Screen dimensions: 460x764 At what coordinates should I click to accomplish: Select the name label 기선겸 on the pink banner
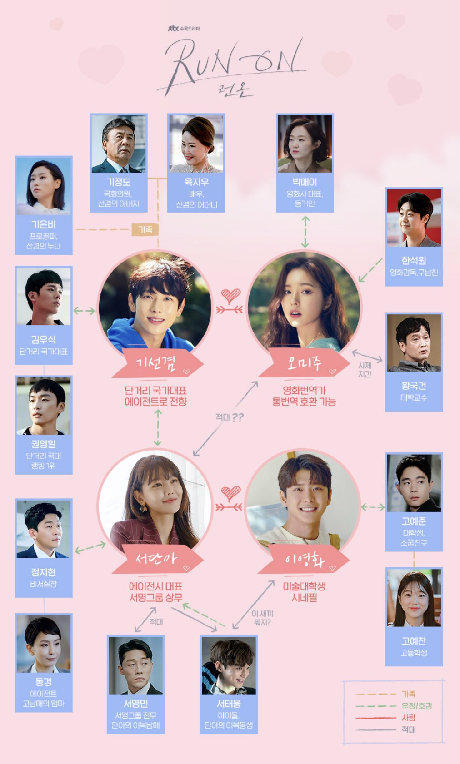[x=156, y=362]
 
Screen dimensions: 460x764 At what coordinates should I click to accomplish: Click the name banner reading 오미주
[x=304, y=362]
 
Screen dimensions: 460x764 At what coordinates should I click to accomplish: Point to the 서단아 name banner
[x=156, y=558]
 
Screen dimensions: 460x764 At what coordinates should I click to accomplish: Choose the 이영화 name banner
[x=304, y=559]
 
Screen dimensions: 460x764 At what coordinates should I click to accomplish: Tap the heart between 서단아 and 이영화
[x=230, y=493]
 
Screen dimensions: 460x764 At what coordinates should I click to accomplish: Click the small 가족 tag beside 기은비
[x=145, y=229]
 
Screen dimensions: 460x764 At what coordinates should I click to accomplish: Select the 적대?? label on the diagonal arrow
[x=229, y=417]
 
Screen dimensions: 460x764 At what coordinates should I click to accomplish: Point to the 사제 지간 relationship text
[x=365, y=369]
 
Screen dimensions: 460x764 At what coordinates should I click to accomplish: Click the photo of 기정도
[x=119, y=144]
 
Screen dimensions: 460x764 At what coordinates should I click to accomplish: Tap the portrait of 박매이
[x=305, y=144]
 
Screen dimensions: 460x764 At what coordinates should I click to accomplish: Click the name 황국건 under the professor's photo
[x=414, y=386]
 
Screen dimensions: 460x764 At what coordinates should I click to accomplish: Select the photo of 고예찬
[x=414, y=598]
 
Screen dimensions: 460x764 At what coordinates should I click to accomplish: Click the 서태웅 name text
[x=229, y=704]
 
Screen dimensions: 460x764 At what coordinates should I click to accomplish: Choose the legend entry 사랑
[x=408, y=718]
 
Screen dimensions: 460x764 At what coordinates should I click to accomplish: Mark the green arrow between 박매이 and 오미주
[x=305, y=232]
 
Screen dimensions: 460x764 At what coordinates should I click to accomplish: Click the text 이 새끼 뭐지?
[x=262, y=618]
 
